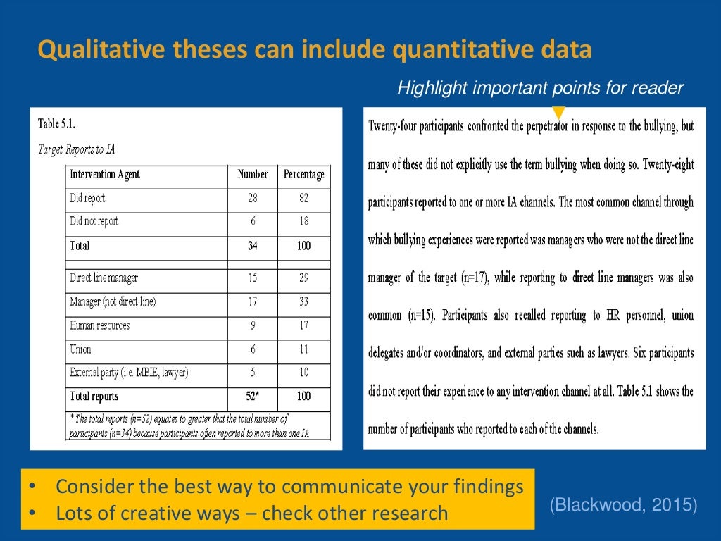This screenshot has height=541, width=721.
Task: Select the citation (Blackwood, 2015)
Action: click(x=624, y=504)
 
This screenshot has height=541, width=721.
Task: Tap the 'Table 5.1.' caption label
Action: click(x=56, y=124)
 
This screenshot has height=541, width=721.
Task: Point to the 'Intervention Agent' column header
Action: click(x=104, y=175)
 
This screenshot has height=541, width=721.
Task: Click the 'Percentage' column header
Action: click(x=303, y=175)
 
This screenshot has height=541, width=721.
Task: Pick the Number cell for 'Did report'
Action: click(x=252, y=199)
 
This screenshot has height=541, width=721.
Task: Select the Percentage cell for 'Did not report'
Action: click(x=303, y=222)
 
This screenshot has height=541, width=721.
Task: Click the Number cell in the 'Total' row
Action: click(x=252, y=246)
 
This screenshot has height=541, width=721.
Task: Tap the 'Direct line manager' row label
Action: click(x=104, y=278)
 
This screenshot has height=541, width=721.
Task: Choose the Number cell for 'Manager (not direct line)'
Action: click(x=252, y=301)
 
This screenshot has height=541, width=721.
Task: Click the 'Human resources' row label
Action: click(x=99, y=325)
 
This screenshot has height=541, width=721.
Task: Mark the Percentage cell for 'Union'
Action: click(x=303, y=349)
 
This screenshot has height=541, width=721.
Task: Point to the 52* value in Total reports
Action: click(x=253, y=396)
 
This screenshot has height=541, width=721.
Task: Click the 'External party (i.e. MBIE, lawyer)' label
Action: click(x=129, y=373)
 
